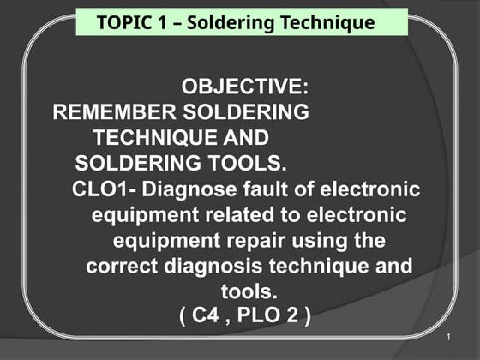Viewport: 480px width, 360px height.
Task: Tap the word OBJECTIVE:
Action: pos(246,88)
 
